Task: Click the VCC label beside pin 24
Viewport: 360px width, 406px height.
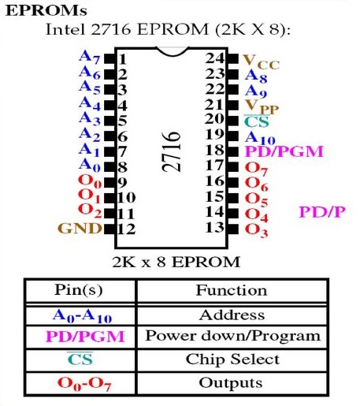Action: point(262,62)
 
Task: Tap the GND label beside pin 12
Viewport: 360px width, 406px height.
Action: point(80,228)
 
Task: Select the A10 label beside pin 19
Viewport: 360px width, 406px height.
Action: point(260,138)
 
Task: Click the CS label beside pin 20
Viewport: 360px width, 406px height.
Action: point(257,121)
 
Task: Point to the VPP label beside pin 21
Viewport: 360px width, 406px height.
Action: point(262,107)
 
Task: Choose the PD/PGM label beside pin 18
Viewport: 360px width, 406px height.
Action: point(284,151)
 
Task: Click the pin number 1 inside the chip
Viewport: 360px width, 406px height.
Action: point(122,59)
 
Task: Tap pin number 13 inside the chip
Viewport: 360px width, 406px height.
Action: point(215,228)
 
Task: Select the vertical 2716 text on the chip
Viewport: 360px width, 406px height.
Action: point(172,151)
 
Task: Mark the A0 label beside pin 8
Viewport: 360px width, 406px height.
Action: point(90,165)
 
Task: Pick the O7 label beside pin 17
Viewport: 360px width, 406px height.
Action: point(256,169)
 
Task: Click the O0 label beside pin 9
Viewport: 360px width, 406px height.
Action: point(90,181)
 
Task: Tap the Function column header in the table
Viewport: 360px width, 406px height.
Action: point(232,291)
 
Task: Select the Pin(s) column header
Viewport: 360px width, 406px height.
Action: point(79,290)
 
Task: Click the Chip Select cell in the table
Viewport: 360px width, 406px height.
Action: point(232,359)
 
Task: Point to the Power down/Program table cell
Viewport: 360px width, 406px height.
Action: point(233,336)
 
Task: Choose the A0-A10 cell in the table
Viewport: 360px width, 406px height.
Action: point(82,315)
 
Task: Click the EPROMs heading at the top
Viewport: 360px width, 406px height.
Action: point(46,11)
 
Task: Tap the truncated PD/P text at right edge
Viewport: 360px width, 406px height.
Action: point(322,212)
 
